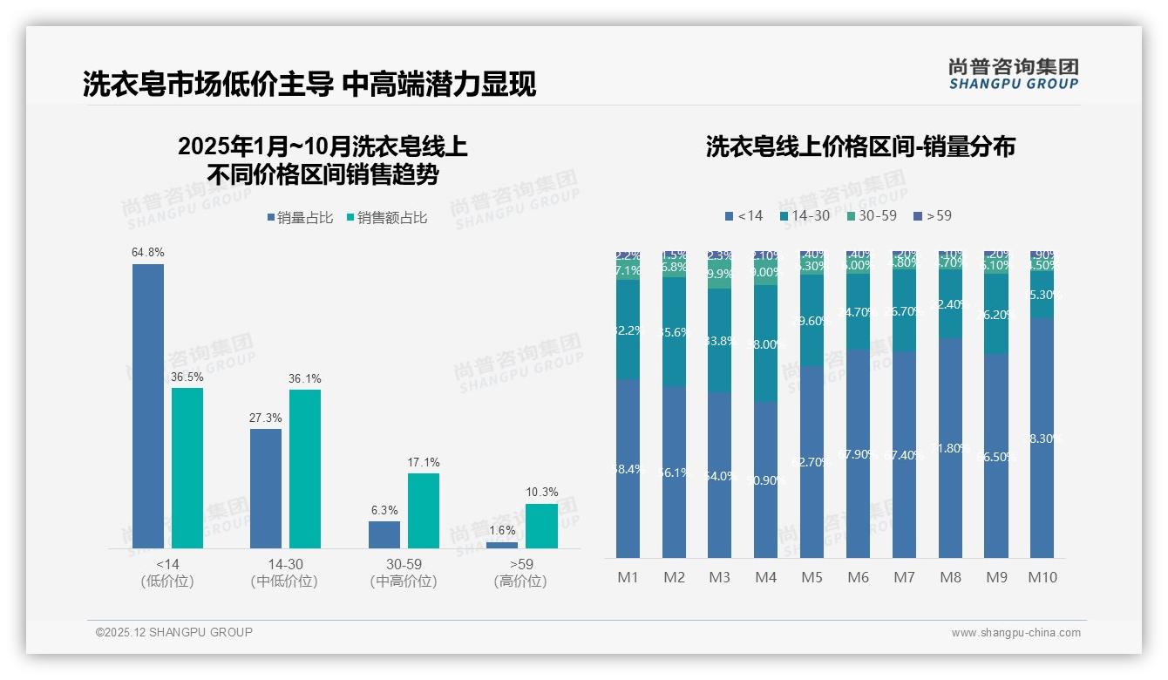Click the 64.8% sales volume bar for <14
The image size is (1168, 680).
click(148, 405)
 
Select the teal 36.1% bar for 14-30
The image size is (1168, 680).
click(305, 468)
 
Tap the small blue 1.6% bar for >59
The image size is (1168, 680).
click(502, 545)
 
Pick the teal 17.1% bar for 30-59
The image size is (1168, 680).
click(424, 510)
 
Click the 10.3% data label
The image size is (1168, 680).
click(541, 493)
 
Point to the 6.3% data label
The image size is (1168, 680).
click(384, 510)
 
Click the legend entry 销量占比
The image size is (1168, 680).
click(300, 218)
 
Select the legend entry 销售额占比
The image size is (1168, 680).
click(387, 218)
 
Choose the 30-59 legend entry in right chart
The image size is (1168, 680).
click(871, 215)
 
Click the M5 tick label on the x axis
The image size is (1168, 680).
click(811, 577)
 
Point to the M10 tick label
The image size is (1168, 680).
click(1042, 577)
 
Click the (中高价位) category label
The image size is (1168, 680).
click(404, 581)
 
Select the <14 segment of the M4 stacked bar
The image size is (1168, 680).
click(765, 479)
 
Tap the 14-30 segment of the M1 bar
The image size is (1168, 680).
click(628, 330)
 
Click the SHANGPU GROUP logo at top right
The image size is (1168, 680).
click(1013, 74)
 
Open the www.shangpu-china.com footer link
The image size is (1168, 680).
click(1015, 633)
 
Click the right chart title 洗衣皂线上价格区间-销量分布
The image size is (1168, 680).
click(860, 146)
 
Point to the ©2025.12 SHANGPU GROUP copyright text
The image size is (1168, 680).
click(174, 632)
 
